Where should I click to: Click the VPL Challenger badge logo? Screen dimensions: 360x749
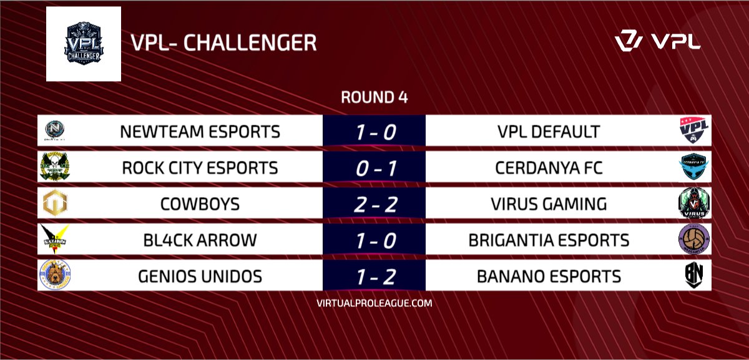pyautogui.click(x=83, y=43)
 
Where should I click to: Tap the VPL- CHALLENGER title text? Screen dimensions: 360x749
pyautogui.click(x=223, y=44)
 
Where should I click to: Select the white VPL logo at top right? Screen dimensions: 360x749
pyautogui.click(x=657, y=42)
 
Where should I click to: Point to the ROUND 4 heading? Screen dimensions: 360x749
pyautogui.click(x=374, y=98)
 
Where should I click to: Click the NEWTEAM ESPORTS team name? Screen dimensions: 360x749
pyautogui.click(x=200, y=132)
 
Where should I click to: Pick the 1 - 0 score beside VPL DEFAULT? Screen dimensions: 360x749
pyautogui.click(x=374, y=132)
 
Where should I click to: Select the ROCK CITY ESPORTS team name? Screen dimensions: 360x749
pyautogui.click(x=200, y=168)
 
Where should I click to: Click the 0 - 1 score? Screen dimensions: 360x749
pyautogui.click(x=374, y=168)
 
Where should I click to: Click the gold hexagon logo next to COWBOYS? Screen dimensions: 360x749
pyautogui.click(x=54, y=204)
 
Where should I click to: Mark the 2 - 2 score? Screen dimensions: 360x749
pyautogui.click(x=374, y=204)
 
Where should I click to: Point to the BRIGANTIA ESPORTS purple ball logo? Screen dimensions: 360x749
pyautogui.click(x=693, y=240)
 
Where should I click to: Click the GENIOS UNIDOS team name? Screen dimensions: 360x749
pyautogui.click(x=200, y=275)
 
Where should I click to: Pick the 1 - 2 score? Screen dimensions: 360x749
pyautogui.click(x=374, y=275)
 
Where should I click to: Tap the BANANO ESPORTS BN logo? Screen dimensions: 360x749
pyautogui.click(x=693, y=275)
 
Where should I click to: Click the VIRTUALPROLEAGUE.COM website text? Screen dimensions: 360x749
pyautogui.click(x=374, y=303)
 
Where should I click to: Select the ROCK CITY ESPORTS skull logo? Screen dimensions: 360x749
pyautogui.click(x=54, y=168)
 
